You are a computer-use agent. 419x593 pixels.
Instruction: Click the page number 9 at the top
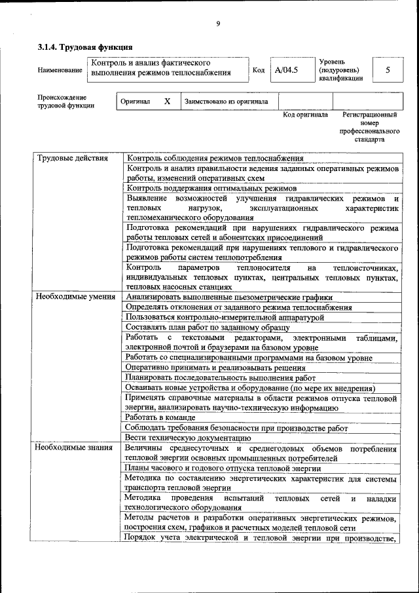[218, 24]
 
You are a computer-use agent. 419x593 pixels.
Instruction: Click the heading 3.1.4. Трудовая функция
[85, 47]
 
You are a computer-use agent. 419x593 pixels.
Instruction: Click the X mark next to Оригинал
[167, 102]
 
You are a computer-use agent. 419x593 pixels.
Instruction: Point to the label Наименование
[60, 69]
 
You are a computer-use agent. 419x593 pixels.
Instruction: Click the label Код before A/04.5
[259, 69]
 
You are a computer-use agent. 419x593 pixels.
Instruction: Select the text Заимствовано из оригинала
[227, 102]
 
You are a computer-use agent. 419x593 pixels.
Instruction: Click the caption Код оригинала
[305, 115]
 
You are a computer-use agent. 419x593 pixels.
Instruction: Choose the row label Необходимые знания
[69, 449]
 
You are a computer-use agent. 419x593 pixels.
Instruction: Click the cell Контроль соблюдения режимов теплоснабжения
[215, 158]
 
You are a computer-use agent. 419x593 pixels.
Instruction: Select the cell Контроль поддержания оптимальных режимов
[211, 188]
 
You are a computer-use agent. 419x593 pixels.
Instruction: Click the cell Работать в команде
[161, 417]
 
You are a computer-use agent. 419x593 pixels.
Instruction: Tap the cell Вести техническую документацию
[189, 438]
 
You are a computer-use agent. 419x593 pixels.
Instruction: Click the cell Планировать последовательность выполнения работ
[216, 377]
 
